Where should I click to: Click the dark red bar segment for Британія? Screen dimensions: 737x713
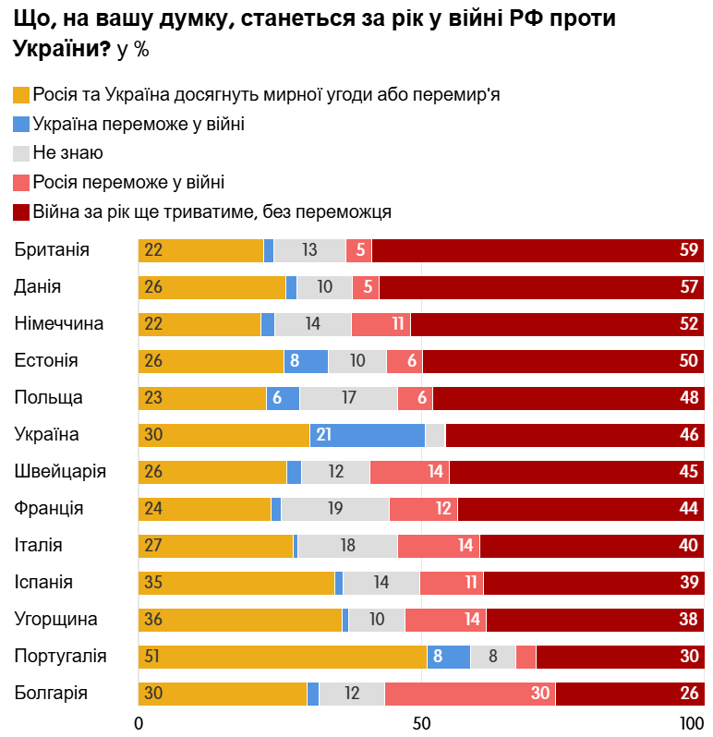(x=538, y=250)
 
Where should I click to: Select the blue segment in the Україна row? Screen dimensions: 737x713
(x=368, y=435)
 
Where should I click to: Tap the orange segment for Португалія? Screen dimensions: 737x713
(x=283, y=657)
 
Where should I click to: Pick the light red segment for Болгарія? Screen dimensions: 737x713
(x=470, y=694)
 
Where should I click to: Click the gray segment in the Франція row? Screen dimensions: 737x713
(x=335, y=509)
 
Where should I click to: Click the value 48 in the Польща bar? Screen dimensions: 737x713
(x=689, y=398)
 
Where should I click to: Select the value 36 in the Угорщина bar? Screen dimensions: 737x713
(x=153, y=620)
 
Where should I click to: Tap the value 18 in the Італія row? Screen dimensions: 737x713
(x=347, y=546)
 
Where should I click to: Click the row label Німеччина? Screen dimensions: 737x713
(x=58, y=324)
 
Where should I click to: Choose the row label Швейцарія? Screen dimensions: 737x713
(x=60, y=472)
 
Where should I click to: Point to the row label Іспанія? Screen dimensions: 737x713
(x=43, y=583)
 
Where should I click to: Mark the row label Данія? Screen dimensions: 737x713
(x=38, y=287)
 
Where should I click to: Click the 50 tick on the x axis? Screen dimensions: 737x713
(x=421, y=722)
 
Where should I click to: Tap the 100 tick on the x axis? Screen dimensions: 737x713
(x=692, y=722)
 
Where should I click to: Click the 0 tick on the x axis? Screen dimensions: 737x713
(x=139, y=722)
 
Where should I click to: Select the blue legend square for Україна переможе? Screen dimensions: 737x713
(x=21, y=124)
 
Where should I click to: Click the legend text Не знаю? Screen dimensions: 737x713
(x=67, y=153)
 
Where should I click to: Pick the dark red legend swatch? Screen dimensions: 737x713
(x=21, y=212)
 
